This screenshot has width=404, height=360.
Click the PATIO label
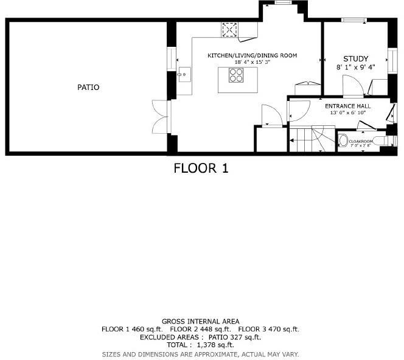(x=88, y=88)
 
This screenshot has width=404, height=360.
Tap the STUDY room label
(x=356, y=59)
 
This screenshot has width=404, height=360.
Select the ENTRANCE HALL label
(x=347, y=106)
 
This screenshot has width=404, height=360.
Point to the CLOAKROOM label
(x=361, y=141)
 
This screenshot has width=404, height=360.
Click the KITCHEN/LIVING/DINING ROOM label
(x=252, y=55)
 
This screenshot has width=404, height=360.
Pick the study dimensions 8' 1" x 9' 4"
(x=356, y=67)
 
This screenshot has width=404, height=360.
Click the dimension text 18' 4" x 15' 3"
(x=252, y=62)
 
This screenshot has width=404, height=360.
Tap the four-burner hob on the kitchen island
(x=236, y=75)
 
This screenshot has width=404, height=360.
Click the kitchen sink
(x=183, y=76)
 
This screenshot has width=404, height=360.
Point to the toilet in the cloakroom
(x=343, y=142)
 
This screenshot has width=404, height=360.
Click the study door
(x=353, y=89)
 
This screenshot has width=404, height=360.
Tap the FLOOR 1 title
(x=201, y=168)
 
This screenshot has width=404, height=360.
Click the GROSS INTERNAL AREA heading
(x=200, y=321)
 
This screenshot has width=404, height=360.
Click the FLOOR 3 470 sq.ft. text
(x=268, y=329)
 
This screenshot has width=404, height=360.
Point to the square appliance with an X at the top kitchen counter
(x=230, y=29)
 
